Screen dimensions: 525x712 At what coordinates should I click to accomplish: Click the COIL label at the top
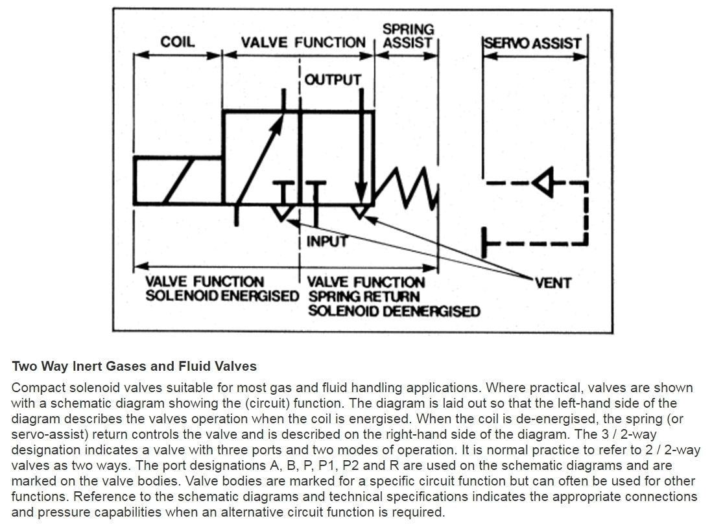click(177, 42)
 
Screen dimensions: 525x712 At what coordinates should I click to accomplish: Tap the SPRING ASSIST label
click(407, 36)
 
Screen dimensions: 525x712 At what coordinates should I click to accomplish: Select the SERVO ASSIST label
click(532, 43)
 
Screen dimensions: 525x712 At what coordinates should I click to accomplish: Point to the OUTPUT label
click(333, 80)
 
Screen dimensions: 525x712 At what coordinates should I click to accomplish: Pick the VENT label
click(553, 283)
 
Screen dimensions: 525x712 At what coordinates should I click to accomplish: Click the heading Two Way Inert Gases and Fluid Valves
click(134, 366)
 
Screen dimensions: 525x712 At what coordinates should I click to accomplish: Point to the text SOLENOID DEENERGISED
click(394, 311)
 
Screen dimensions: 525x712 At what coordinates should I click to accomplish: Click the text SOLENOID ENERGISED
click(222, 296)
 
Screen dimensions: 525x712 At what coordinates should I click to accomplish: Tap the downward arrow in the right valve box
click(361, 149)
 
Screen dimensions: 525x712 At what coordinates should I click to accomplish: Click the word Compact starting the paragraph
click(35, 388)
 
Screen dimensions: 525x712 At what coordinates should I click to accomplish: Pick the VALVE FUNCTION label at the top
click(303, 43)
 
